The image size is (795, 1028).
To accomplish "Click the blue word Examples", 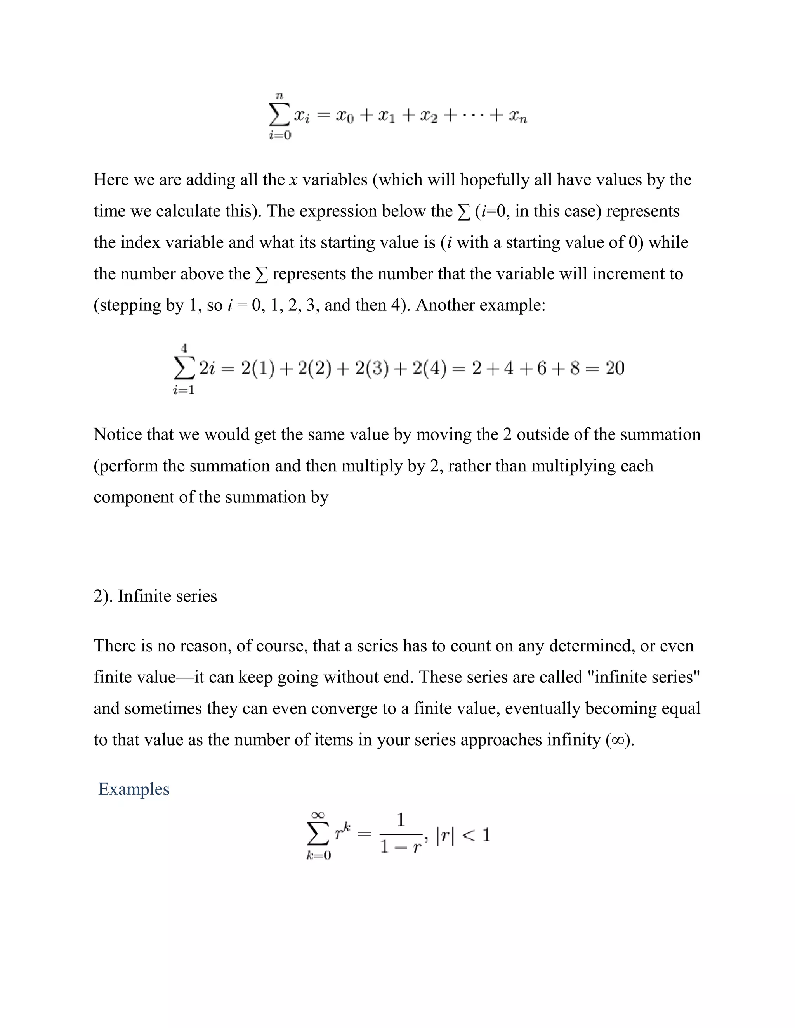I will point(134,789).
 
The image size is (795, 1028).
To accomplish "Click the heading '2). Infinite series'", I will point(155,596).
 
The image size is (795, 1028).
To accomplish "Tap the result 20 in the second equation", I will point(614,368).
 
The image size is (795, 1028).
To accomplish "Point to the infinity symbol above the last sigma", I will point(318,814).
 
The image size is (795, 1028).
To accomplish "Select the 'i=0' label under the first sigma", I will point(280,135).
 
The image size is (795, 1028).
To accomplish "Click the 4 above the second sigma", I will point(184,348).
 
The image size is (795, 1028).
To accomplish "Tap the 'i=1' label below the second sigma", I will point(184,390).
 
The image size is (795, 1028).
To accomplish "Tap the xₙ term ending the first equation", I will point(517,116).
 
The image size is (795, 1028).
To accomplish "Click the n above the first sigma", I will point(279,96).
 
